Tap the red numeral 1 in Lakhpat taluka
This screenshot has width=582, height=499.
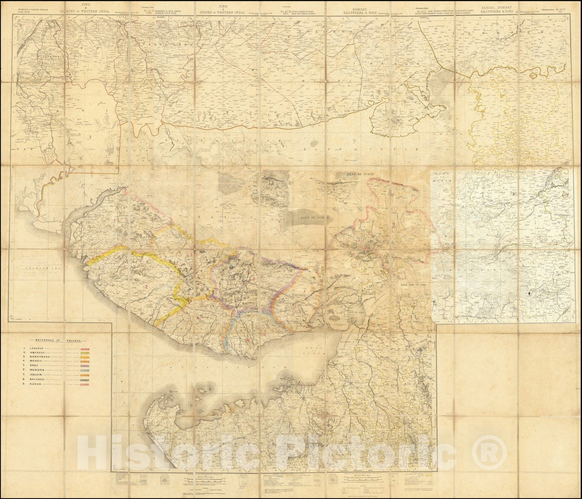pyautogui.click(x=116, y=220)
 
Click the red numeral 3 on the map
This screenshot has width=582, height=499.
pyautogui.click(x=192, y=255)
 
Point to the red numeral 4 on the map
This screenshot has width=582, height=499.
pyautogui.click(x=198, y=318)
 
